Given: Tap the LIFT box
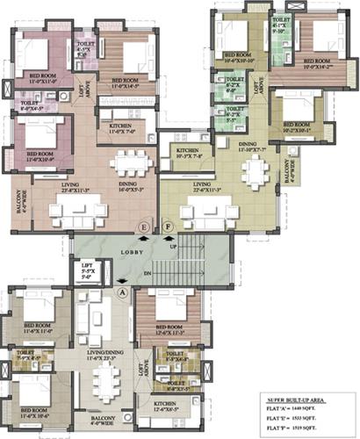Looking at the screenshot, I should (x=87, y=271).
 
